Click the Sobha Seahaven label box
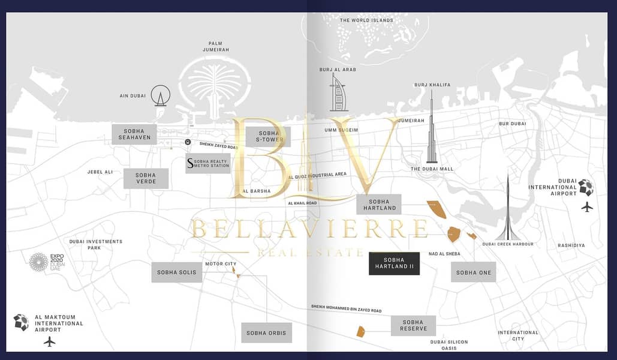click(134, 134)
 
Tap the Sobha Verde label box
click(146, 178)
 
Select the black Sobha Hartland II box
click(394, 263)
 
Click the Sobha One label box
click(473, 272)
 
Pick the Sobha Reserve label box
click(413, 325)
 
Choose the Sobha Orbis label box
click(266, 333)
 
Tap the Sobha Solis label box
click(177, 272)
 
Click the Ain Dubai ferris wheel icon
click(161, 96)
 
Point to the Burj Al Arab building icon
click(337, 92)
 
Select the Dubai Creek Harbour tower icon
click(508, 209)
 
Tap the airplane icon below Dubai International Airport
click(587, 207)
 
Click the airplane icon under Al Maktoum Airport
click(50, 341)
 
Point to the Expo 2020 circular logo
click(38, 262)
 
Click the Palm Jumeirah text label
click(216, 46)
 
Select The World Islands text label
click(366, 20)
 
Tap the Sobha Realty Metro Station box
click(207, 163)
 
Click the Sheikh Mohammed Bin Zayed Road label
click(347, 308)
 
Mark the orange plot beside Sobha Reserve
click(360, 332)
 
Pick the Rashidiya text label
click(571, 245)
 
